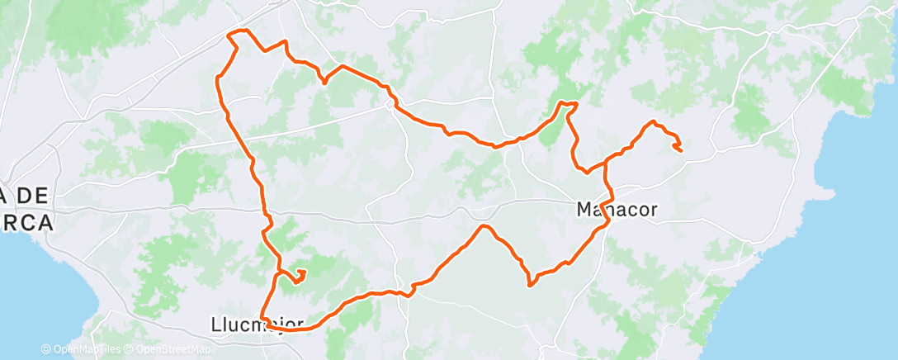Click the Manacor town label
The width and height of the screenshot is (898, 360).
[617, 210]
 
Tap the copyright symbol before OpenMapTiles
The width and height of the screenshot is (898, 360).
[46, 349]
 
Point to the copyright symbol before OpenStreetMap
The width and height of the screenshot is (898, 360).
[130, 349]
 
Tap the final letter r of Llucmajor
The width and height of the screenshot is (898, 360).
[300, 324]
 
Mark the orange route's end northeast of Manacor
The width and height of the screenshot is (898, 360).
[680, 150]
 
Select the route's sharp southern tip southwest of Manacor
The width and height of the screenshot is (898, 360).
[529, 286]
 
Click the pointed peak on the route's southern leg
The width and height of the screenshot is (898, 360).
[484, 225]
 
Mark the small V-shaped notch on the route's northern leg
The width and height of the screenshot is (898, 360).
[324, 82]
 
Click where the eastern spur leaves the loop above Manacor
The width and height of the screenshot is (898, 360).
[607, 159]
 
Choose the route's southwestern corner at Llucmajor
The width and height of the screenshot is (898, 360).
[263, 318]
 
